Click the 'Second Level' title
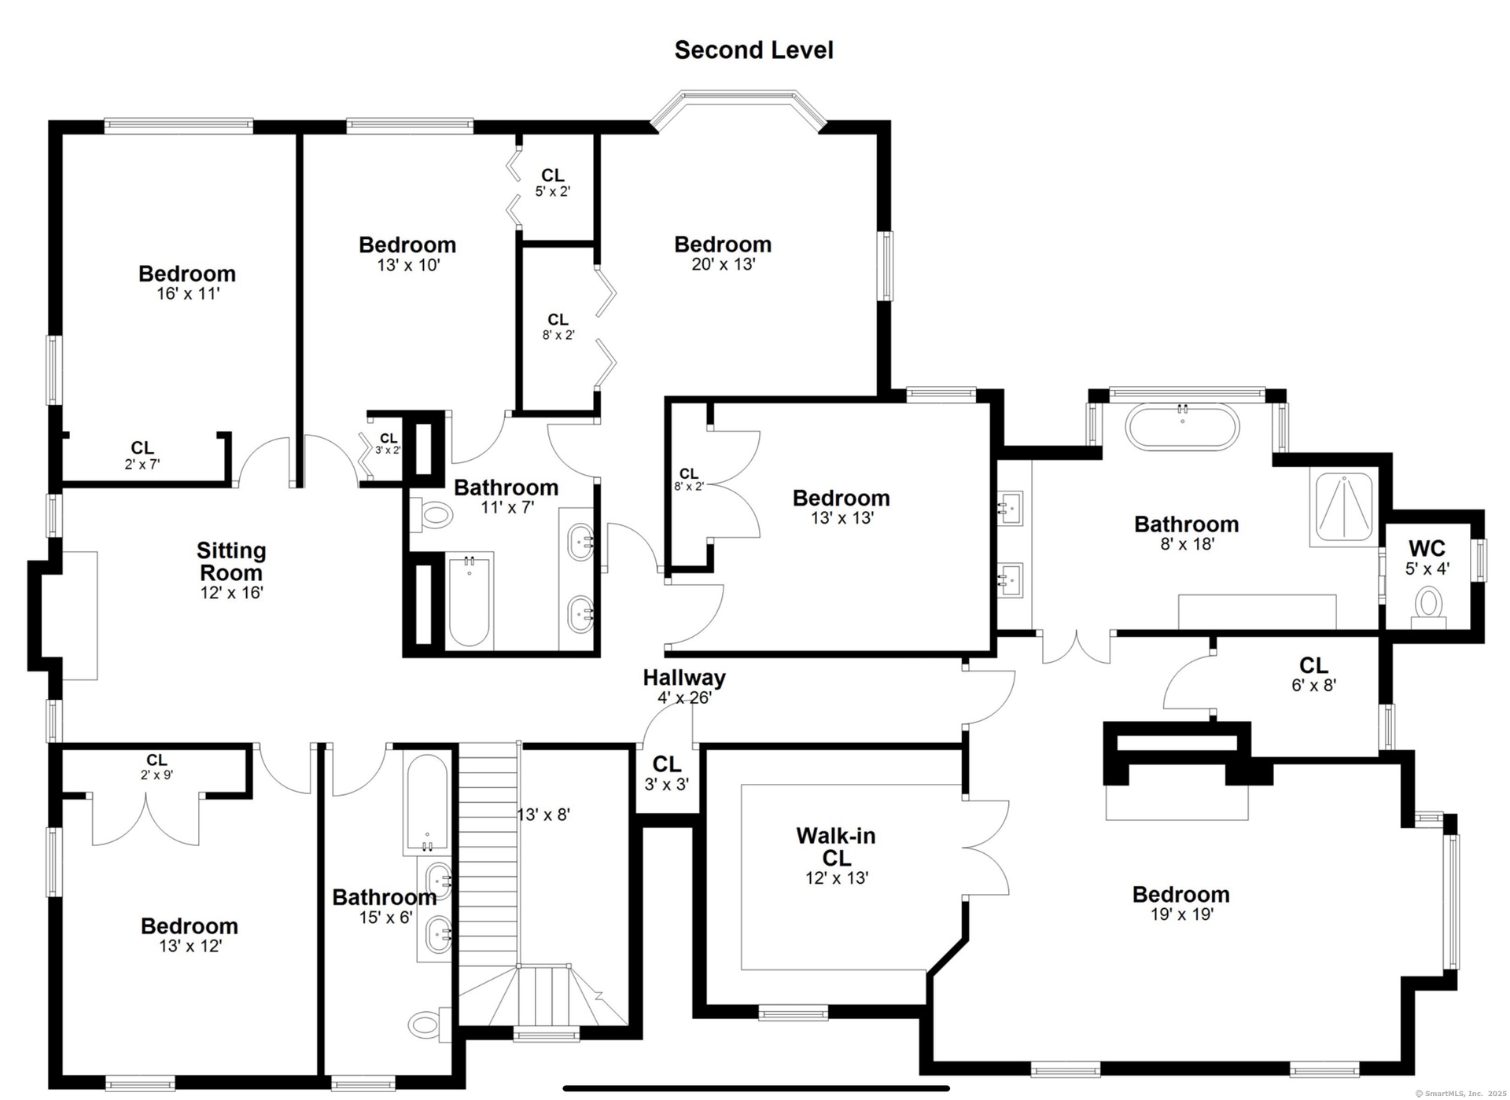(x=753, y=50)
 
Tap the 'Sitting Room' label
(x=231, y=561)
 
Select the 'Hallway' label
(x=684, y=677)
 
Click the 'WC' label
(x=1427, y=548)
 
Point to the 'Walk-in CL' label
(x=835, y=846)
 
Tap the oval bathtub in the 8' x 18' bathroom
(x=1182, y=427)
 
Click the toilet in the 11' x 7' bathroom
(x=431, y=516)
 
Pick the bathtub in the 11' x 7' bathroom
(x=470, y=602)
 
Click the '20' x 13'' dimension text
(x=724, y=264)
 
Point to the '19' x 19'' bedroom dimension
(x=1182, y=914)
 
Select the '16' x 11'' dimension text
(x=188, y=293)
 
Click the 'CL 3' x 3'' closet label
(x=667, y=773)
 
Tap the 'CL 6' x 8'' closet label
(x=1313, y=675)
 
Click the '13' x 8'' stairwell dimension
(x=543, y=815)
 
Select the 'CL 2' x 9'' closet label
(x=157, y=766)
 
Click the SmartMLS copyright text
(x=1461, y=1093)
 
